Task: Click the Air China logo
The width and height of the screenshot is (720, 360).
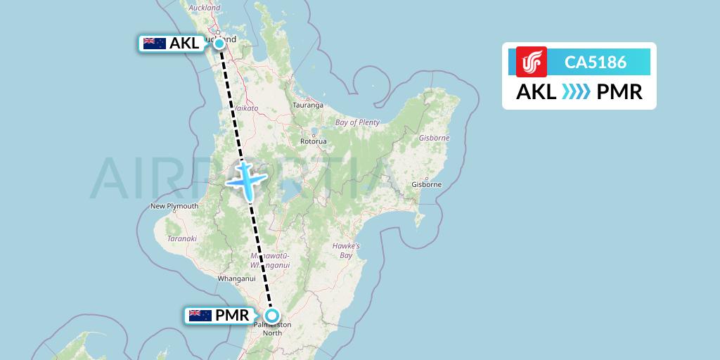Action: click(532, 62)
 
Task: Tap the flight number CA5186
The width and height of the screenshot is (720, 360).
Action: click(596, 62)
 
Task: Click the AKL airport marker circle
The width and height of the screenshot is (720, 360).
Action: click(219, 44)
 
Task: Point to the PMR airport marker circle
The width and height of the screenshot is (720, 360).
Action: click(271, 316)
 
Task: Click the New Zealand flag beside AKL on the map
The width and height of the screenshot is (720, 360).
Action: click(154, 44)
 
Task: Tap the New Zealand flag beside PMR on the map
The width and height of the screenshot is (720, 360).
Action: click(200, 316)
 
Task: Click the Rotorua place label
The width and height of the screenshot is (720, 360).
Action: click(313, 141)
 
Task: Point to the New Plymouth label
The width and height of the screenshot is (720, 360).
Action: click(174, 206)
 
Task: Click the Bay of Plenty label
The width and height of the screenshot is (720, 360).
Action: click(357, 122)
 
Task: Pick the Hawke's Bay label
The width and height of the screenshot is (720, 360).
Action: click(346, 250)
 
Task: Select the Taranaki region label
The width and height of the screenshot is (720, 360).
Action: click(181, 238)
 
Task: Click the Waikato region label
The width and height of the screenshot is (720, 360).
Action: click(246, 108)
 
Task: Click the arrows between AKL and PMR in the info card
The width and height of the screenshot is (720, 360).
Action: click(577, 91)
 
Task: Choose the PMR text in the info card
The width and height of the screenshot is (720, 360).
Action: click(619, 91)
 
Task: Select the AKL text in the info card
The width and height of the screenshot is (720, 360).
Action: click(536, 91)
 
